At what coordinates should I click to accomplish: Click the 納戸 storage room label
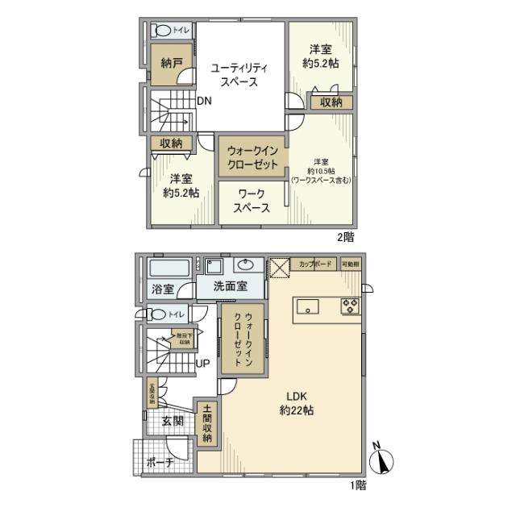[x=168, y=62]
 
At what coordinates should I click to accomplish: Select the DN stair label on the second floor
[x=204, y=102]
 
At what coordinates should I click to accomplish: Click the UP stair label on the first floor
[x=203, y=364]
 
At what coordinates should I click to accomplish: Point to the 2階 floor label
[x=345, y=238]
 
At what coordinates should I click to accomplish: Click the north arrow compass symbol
[x=381, y=461]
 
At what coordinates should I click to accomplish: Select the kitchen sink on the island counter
[x=308, y=307]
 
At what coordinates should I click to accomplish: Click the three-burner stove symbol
[x=352, y=306]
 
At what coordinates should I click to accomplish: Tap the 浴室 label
[x=163, y=289]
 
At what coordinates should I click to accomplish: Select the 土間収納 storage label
[x=207, y=423]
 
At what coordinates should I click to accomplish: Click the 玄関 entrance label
[x=172, y=422]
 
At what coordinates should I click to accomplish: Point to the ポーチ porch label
[x=160, y=463]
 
